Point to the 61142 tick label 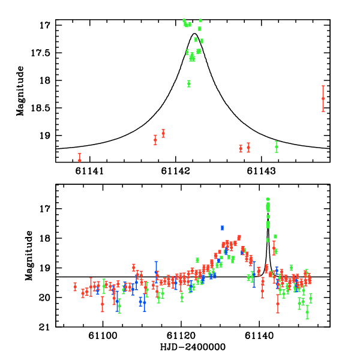176,171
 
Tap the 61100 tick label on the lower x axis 103,337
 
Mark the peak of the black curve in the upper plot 194,34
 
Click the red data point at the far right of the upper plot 323,98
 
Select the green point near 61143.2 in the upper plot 277,146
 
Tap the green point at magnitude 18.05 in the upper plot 188,83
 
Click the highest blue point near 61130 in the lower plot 222,228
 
